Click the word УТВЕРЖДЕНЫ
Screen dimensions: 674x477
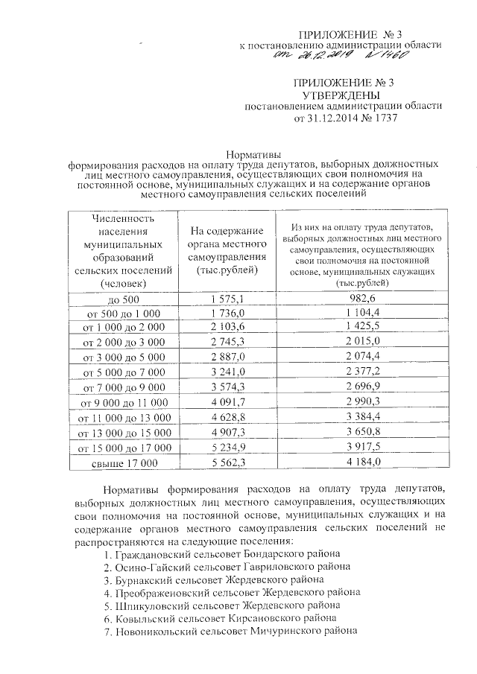coord(344,96)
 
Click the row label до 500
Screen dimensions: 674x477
coord(124,299)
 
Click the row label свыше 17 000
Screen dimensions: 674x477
coord(124,463)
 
